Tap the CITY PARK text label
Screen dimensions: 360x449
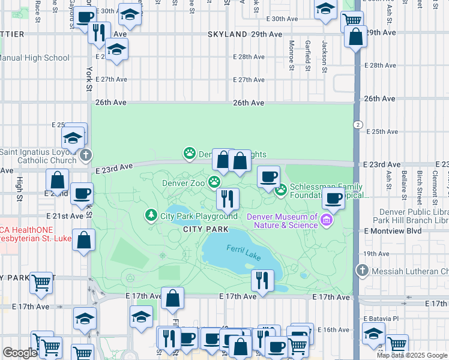point(205,229)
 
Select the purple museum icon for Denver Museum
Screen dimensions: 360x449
point(326,220)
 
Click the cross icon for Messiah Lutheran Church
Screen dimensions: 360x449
point(362,271)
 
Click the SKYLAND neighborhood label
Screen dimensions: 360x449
point(228,34)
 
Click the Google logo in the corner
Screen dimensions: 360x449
point(20,353)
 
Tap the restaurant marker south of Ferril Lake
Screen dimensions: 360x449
point(262,279)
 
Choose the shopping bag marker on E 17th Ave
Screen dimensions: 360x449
point(173,299)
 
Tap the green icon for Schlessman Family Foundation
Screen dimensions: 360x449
point(280,190)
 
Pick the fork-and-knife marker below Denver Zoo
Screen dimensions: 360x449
point(227,197)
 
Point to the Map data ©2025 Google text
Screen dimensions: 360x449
point(412,355)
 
